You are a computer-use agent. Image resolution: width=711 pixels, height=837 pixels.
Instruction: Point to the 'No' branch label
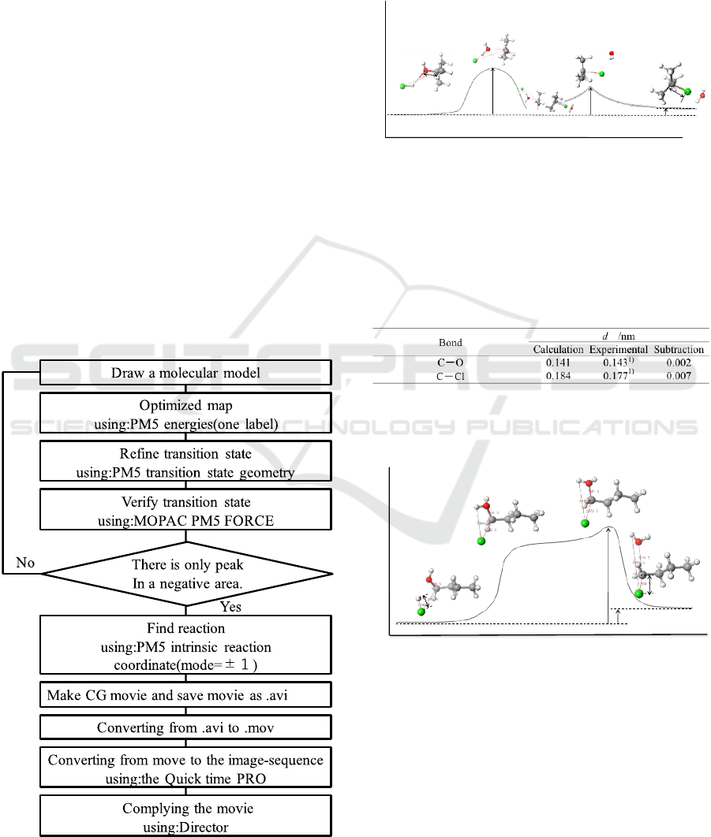click(25, 562)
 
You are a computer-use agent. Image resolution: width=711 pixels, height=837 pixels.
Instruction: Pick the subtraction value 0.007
click(679, 376)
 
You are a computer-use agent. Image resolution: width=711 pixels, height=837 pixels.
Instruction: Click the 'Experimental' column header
click(618, 349)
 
